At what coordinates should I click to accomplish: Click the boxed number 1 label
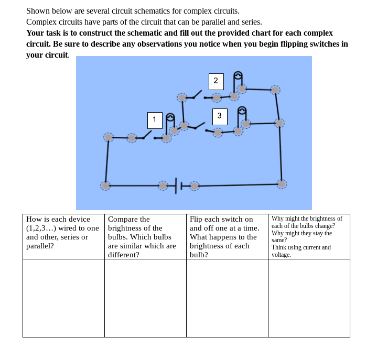pos(155,120)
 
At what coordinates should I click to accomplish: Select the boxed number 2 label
pos(216,81)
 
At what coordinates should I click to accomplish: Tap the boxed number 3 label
pos(220,116)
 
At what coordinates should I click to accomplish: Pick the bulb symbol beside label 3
pos(242,112)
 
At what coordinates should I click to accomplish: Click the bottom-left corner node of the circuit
pos(105,186)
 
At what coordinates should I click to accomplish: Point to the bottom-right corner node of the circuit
pos(282,184)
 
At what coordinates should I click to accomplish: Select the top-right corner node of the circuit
pos(275,90)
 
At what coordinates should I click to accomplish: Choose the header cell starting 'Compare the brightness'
pos(145,236)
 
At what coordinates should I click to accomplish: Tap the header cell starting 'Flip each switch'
pos(227,236)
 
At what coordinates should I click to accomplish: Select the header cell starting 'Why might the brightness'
pos(309,236)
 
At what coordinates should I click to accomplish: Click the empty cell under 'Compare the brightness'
pos(145,298)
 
